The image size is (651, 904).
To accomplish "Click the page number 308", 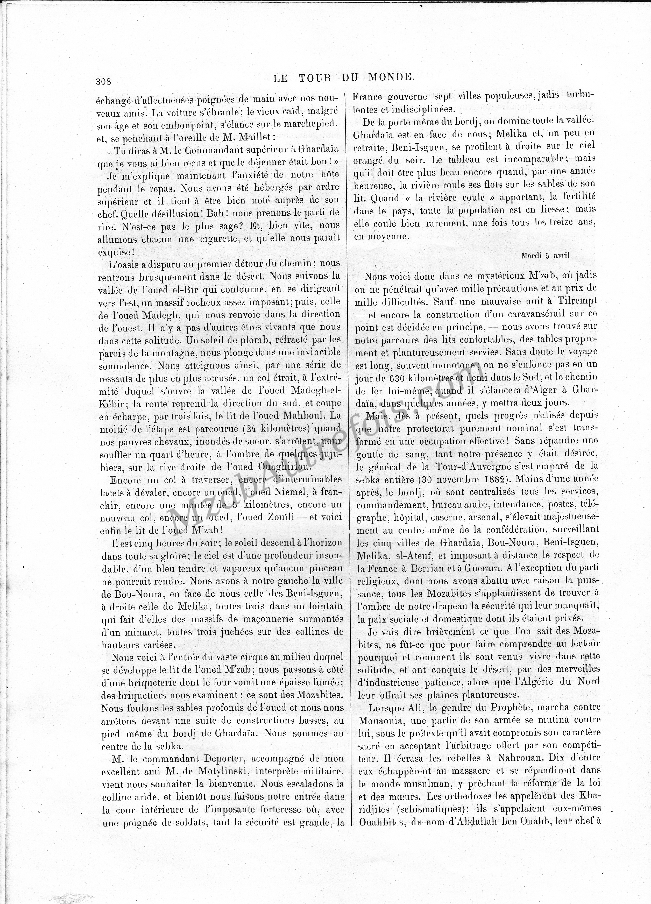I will (x=103, y=81).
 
